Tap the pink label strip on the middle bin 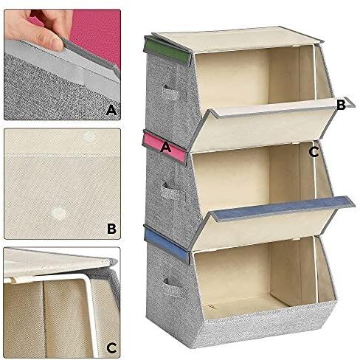pyautogui.click(x=165, y=147)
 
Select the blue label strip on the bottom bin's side pyautogui.click(x=167, y=242)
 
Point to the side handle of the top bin pyautogui.click(x=170, y=93)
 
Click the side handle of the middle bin pyautogui.click(x=170, y=191)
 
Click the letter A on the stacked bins pyautogui.click(x=165, y=148)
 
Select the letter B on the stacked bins pyautogui.click(x=342, y=105)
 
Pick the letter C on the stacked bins pyautogui.click(x=314, y=152)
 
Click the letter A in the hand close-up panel pyautogui.click(x=111, y=110)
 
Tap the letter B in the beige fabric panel pyautogui.click(x=111, y=229)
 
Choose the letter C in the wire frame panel pyautogui.click(x=111, y=347)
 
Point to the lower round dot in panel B pyautogui.click(x=59, y=213)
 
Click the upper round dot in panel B pyautogui.click(x=89, y=136)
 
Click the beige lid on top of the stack pyautogui.click(x=236, y=39)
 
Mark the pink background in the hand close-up pyautogui.click(x=98, y=32)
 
